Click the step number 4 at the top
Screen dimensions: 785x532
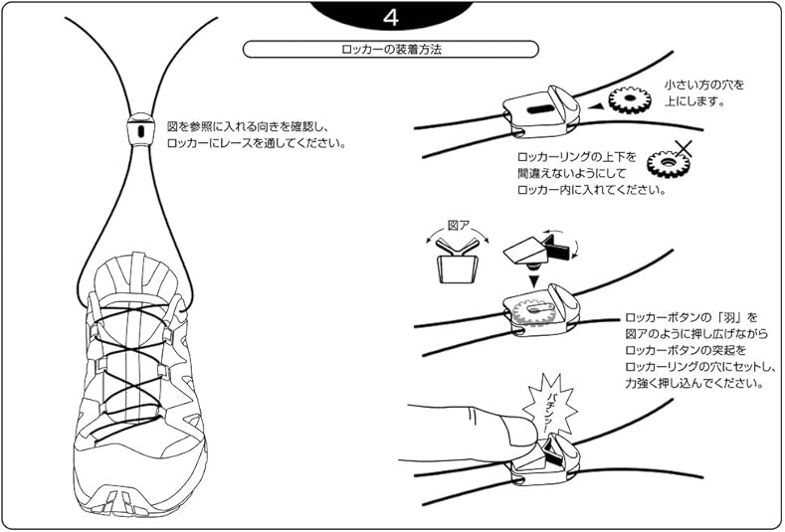390,18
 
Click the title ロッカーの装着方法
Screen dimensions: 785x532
391,49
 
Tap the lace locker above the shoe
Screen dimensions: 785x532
140,129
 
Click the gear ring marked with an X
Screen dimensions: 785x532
669,163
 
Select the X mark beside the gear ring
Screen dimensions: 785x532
684,148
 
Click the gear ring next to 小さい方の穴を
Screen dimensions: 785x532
630,99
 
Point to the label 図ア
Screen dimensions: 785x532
458,226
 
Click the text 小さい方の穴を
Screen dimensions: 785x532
703,85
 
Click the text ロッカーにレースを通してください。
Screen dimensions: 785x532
257,143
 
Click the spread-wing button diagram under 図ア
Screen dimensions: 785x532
456,261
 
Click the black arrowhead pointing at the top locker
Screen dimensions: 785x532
596,106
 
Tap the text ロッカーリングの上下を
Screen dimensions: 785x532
577,157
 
